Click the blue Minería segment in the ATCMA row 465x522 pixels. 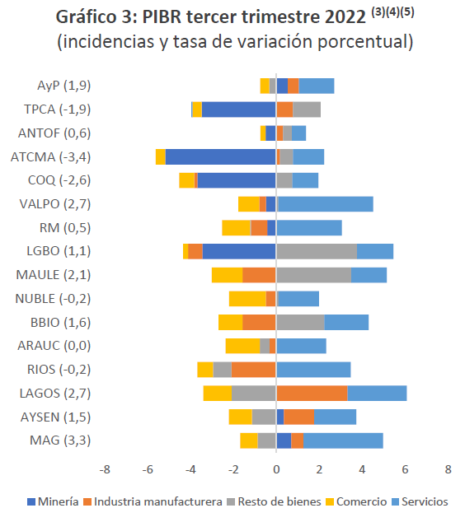click(220, 156)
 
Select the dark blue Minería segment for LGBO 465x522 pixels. click(239, 251)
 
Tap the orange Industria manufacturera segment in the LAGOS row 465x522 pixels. click(312, 393)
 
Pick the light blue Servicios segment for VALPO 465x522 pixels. click(326, 204)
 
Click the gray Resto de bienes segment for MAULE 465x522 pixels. click(313, 275)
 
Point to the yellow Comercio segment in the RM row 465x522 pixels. click(236, 228)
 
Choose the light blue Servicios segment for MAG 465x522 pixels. click(343, 440)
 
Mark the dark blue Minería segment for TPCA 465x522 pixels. click(238, 110)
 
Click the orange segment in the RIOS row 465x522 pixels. click(254, 370)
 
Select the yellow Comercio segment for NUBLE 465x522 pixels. click(247, 299)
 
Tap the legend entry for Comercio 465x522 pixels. click(362, 501)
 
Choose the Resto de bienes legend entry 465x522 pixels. click(279, 501)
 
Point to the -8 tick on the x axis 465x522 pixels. click(105, 469)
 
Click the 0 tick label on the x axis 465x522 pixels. click(276, 469)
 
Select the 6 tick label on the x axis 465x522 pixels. click(405, 469)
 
